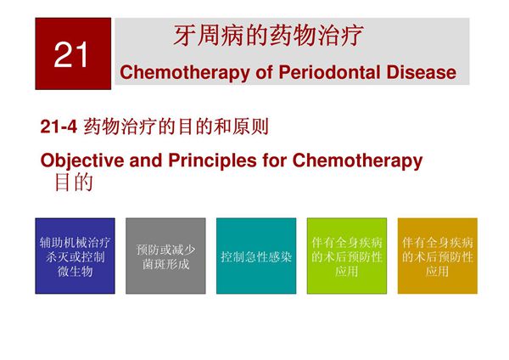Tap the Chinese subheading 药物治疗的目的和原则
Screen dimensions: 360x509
(x=176, y=127)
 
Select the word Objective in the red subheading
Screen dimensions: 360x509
(x=82, y=160)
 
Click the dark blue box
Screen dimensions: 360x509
(x=76, y=256)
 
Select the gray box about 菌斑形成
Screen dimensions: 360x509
(x=166, y=256)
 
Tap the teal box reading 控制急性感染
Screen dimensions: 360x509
(x=256, y=256)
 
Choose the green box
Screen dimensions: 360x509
(x=346, y=256)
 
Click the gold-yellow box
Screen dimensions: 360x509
(x=437, y=256)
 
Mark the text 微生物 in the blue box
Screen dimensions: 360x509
(x=76, y=272)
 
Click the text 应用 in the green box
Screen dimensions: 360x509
(x=346, y=272)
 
